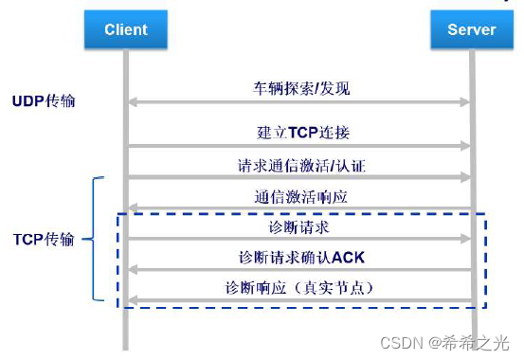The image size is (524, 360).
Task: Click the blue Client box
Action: click(x=126, y=29)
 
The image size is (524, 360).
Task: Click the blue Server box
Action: click(x=471, y=29)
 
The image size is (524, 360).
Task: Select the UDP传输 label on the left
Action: click(x=45, y=100)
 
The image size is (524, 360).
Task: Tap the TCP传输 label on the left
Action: click(x=45, y=241)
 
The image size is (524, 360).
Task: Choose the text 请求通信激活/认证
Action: click(x=299, y=164)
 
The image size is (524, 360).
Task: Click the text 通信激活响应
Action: click(x=299, y=196)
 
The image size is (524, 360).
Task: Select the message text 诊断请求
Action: click(x=299, y=227)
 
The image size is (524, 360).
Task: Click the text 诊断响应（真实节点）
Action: click(x=300, y=287)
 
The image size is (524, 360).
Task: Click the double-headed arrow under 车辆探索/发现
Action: click(x=299, y=100)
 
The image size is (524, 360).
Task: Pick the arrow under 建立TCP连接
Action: click(x=299, y=146)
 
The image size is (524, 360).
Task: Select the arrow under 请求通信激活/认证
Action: click(x=299, y=177)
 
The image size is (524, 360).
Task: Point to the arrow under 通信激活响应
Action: click(x=299, y=208)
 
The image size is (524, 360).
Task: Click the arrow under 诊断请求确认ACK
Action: click(x=299, y=271)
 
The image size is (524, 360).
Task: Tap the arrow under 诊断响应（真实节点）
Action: click(x=299, y=301)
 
